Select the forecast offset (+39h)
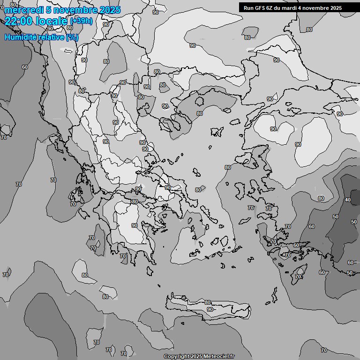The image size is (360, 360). pos(82,21)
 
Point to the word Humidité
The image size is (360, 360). pos(19,37)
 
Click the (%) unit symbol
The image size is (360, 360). pos(72,37)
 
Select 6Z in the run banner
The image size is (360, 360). pos(269,8)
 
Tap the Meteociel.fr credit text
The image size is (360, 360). pos(217,356)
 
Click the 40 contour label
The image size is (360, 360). pos(348,200)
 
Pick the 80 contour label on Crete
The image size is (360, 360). pos(208,302)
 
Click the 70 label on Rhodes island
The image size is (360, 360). pos(298,277)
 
